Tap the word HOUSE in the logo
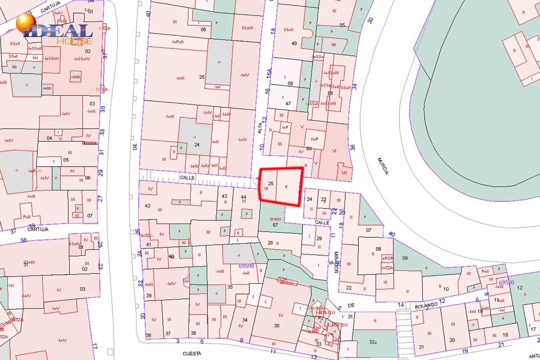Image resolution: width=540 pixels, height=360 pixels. click(x=74, y=41)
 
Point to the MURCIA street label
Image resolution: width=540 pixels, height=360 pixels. click(x=383, y=166)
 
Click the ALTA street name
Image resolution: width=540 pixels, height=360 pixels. click(x=260, y=128)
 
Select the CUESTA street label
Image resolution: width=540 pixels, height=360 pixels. click(x=192, y=354)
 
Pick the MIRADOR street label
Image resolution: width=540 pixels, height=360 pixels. click(x=336, y=261)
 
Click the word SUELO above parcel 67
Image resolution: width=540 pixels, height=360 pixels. click(x=275, y=219)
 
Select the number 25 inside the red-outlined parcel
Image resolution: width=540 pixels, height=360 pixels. click(x=270, y=183)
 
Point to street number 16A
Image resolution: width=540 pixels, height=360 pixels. click(x=269, y=73)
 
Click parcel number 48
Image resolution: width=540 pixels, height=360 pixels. click(x=294, y=43)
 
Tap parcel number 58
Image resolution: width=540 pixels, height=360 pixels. click(x=290, y=83)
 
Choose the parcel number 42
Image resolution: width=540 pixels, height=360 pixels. click(x=147, y=206)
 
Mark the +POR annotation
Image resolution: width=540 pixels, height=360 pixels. click(x=387, y=258)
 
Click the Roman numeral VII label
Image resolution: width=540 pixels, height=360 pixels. click(x=344, y=173)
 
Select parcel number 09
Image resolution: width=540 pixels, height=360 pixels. click(x=405, y=258)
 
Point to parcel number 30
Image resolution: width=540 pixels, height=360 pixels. click(x=277, y=326)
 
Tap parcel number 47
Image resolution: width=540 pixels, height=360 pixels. click(x=288, y=104)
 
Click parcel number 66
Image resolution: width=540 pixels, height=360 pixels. click(x=330, y=93)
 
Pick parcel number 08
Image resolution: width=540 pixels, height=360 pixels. click(x=378, y=249)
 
